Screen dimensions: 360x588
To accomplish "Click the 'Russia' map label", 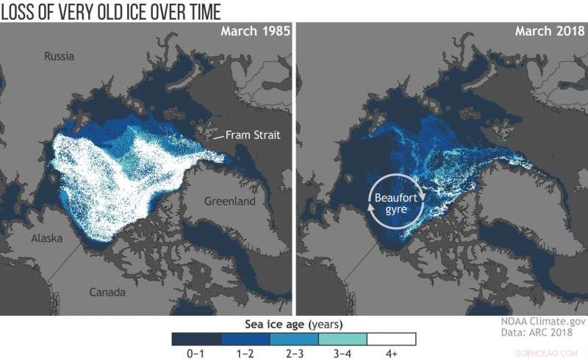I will coord(60,57).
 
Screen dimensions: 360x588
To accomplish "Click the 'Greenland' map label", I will coord(229,201).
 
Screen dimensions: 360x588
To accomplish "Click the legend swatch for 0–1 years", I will coord(196,339).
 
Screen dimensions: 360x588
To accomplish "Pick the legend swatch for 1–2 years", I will coord(245,339).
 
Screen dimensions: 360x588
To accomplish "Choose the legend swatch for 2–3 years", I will coord(294,339).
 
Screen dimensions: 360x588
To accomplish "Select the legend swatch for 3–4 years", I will coord(343,339).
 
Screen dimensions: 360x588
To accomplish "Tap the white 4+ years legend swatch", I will coord(392,339).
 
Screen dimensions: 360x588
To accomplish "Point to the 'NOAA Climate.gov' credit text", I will coord(538,322).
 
